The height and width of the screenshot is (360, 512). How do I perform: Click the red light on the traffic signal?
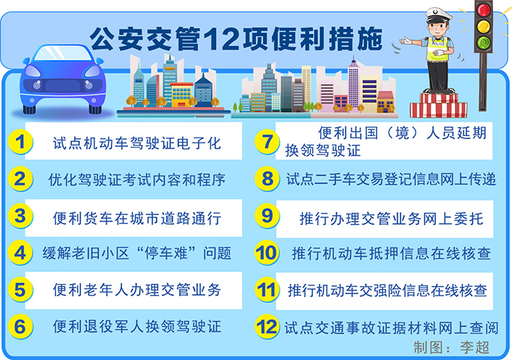pyautogui.click(x=483, y=10)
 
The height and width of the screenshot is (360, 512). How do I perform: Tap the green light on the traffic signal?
pyautogui.click(x=483, y=42)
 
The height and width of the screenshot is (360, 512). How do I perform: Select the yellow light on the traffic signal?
pyautogui.click(x=483, y=26)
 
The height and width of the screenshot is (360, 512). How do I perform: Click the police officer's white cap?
pyautogui.click(x=439, y=15)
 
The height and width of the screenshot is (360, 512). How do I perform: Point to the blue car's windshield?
pyautogui.click(x=63, y=53)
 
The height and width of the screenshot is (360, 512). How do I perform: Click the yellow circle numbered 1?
pyautogui.click(x=20, y=142)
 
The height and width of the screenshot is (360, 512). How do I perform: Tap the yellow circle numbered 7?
pyautogui.click(x=267, y=142)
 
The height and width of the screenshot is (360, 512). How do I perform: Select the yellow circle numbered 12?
pyautogui.click(x=267, y=326)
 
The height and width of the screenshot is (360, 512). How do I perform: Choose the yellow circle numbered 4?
pyautogui.click(x=20, y=253)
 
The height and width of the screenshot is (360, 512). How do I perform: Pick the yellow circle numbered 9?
pyautogui.click(x=267, y=216)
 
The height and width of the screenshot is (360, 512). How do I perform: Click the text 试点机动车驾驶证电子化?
pyautogui.click(x=138, y=143)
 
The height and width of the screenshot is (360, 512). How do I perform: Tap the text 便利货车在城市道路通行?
pyautogui.click(x=138, y=218)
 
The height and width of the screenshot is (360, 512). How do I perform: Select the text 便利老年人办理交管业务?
pyautogui.click(x=138, y=290)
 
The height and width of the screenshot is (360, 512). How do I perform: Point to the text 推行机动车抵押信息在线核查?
pyautogui.click(x=391, y=253)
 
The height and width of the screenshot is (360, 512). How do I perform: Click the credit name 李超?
pyautogui.click(x=475, y=348)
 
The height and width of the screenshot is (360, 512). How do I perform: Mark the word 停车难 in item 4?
pyautogui.click(x=166, y=253)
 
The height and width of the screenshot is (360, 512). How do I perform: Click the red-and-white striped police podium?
pyautogui.click(x=438, y=105)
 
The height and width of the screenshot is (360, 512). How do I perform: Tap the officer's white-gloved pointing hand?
pyautogui.click(x=407, y=41)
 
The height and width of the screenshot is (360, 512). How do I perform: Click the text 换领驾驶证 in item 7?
pyautogui.click(x=323, y=151)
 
